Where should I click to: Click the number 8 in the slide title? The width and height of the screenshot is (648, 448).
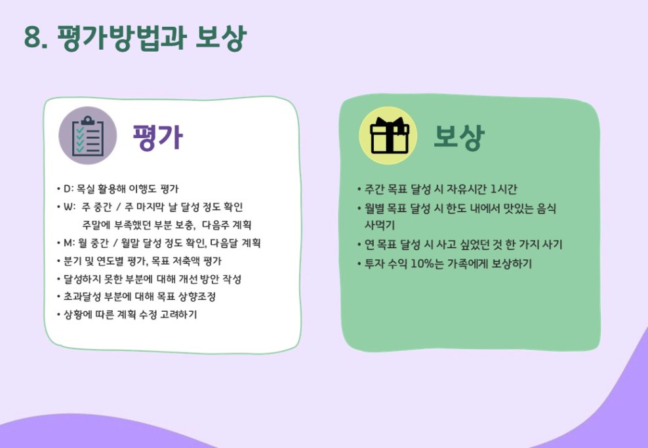33,38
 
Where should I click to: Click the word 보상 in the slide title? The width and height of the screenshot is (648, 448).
221,38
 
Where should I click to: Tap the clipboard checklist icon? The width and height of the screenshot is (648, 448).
88,136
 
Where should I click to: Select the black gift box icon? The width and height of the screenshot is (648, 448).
388,136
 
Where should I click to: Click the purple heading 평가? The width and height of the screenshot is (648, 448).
158,136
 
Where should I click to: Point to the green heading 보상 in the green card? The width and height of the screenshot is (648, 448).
458,136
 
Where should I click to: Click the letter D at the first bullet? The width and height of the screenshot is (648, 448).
66,189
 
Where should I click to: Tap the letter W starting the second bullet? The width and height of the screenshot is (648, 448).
68,207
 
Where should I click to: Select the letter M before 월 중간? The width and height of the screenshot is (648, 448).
68,243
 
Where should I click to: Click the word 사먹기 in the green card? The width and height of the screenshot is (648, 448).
380,225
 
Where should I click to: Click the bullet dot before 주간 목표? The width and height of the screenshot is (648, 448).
359,189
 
